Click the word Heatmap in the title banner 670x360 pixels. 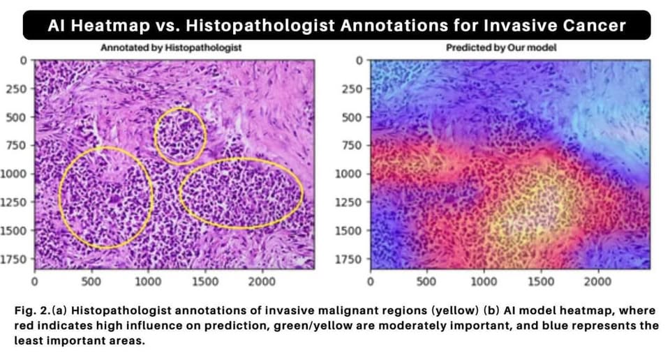(x=112, y=26)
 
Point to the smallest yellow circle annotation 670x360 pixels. (x=180, y=135)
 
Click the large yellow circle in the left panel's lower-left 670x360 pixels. (x=105, y=197)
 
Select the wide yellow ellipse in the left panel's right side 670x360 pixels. (x=241, y=193)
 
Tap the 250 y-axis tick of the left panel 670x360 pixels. (x=15, y=89)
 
